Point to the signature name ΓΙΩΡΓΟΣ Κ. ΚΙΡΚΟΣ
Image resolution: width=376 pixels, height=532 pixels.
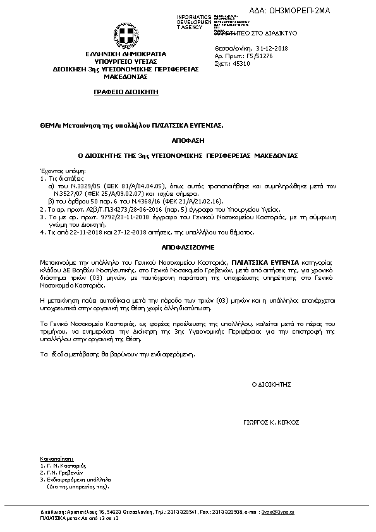coord(270,422)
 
